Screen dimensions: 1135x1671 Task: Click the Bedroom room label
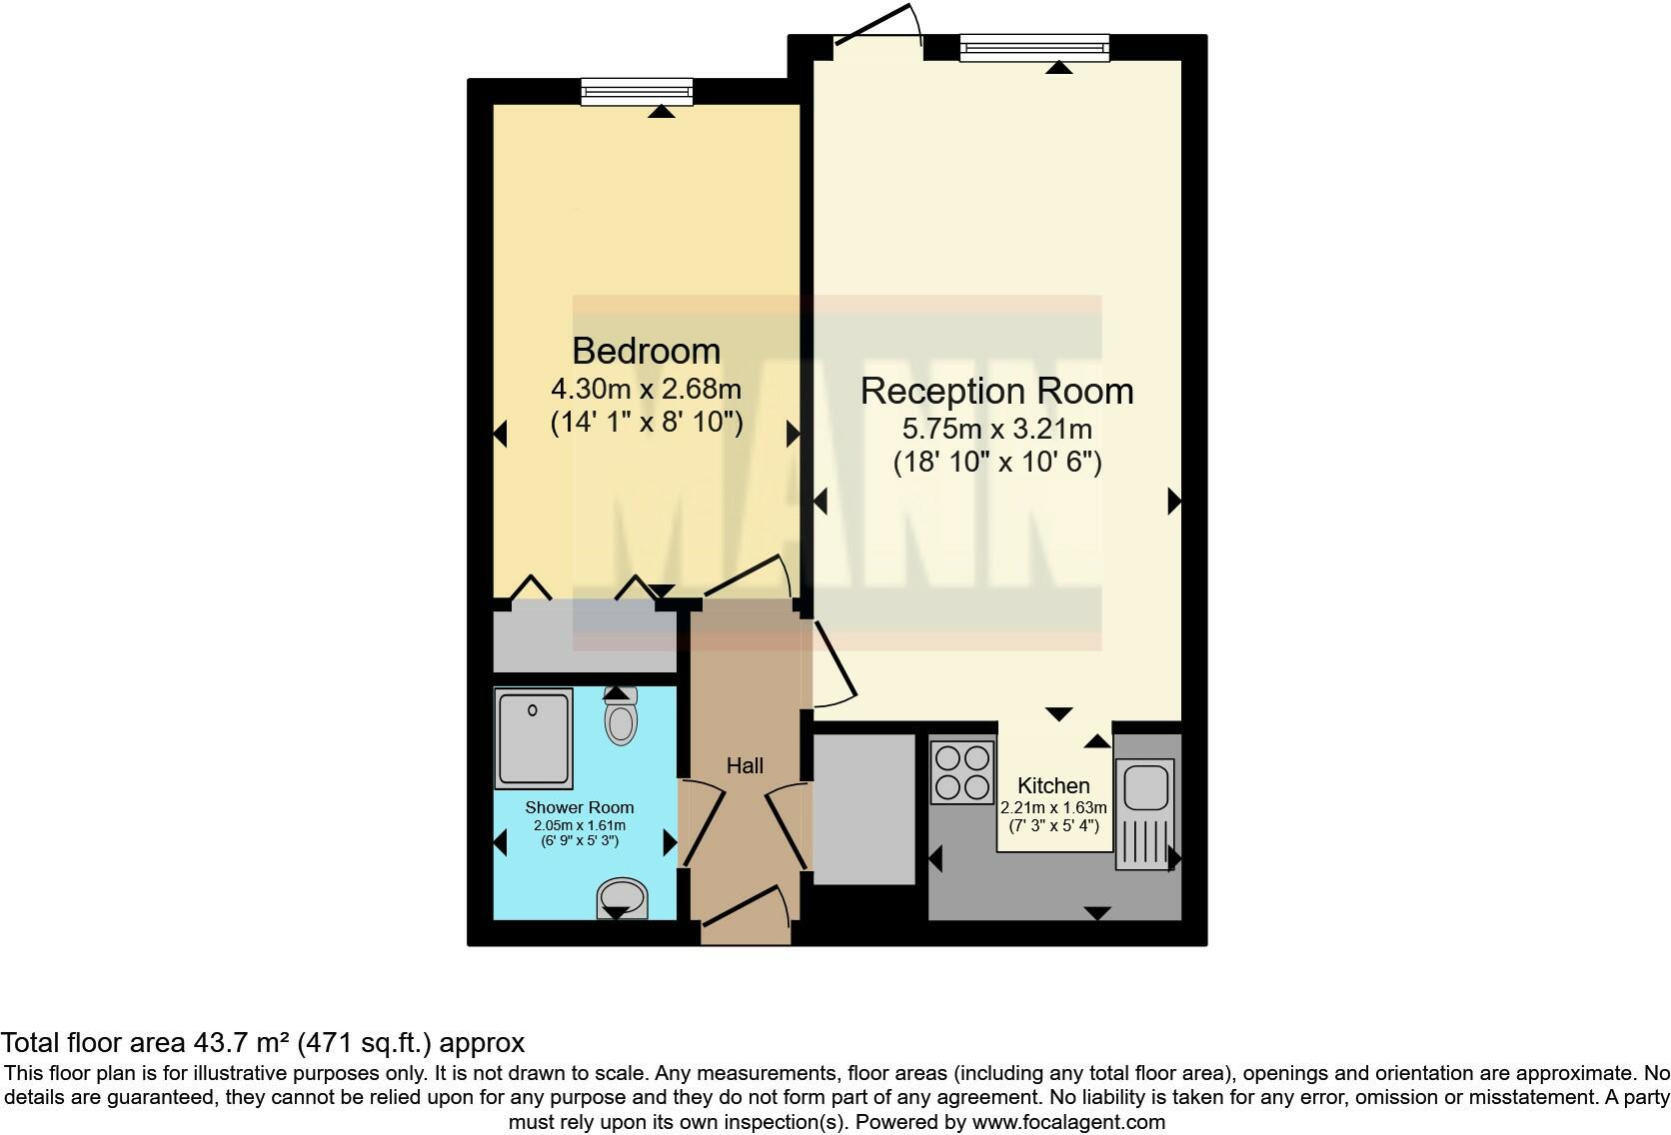click(646, 351)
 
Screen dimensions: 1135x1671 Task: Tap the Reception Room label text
click(996, 391)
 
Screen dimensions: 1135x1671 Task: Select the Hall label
click(745, 765)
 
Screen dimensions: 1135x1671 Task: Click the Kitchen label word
click(1053, 785)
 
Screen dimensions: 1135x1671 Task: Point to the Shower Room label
click(580, 807)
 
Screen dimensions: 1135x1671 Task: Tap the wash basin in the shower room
click(622, 896)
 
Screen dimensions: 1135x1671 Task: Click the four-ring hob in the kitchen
click(962, 772)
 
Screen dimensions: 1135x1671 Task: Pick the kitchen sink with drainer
click(1145, 813)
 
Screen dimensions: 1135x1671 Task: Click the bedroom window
click(638, 92)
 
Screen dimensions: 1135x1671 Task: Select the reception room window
click(1034, 47)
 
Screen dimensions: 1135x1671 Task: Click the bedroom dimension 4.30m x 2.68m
click(646, 388)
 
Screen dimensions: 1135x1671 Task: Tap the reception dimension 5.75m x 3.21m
click(996, 430)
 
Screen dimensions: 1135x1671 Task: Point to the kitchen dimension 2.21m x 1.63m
click(1053, 807)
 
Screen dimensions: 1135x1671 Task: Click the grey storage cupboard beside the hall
click(864, 809)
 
